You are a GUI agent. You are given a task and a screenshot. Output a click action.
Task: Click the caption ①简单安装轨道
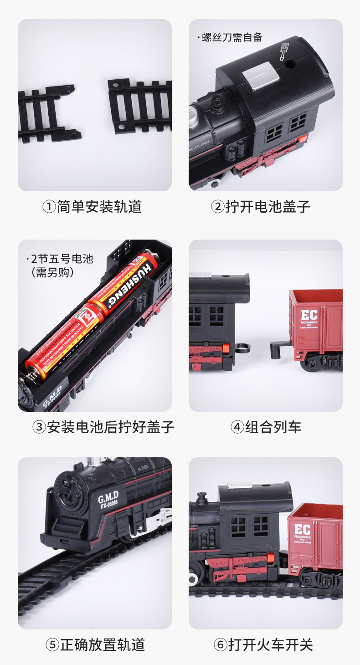(92, 207)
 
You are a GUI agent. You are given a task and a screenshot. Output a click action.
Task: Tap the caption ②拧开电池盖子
(261, 207)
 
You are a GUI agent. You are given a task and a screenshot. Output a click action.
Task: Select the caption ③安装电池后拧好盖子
(103, 427)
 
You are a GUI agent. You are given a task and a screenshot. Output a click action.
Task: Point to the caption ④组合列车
(266, 427)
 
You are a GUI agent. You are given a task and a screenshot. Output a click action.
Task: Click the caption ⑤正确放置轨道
(95, 645)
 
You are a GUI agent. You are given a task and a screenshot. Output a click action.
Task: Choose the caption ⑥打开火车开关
(263, 645)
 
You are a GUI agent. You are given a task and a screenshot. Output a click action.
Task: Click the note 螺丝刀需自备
(232, 37)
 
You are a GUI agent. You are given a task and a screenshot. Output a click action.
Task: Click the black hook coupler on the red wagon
(279, 349)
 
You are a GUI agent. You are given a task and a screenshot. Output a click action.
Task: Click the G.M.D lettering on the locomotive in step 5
(108, 496)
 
